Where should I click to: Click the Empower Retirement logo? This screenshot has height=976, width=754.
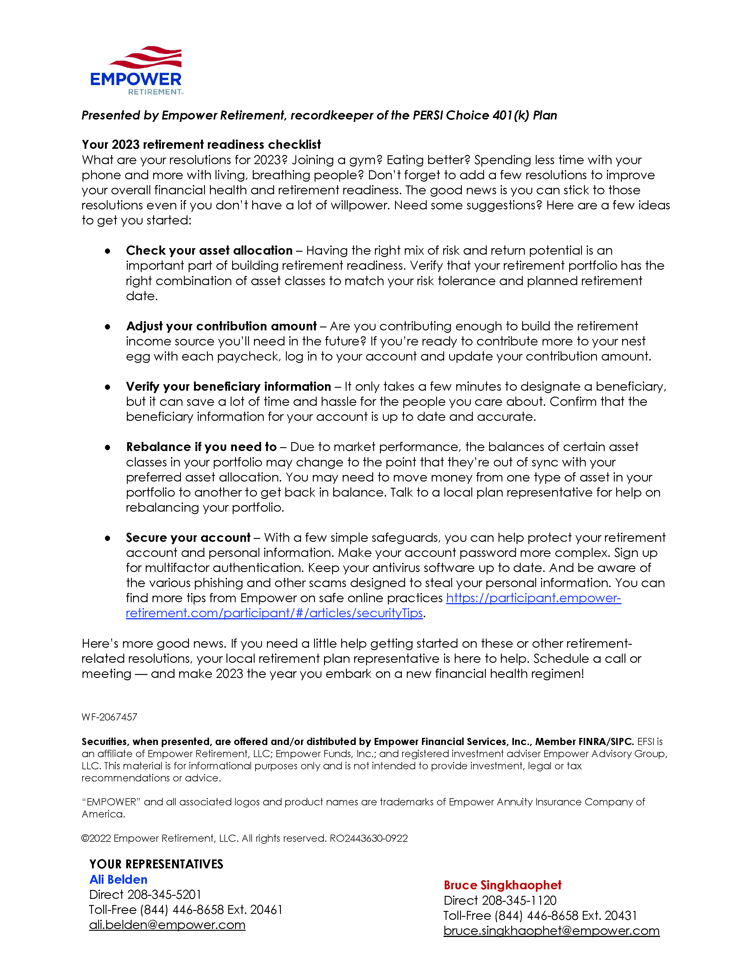pos(136,71)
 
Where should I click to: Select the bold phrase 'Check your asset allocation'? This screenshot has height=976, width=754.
pos(209,250)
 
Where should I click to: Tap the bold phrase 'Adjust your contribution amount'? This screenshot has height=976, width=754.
pos(221,326)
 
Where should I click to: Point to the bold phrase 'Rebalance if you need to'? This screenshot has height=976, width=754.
pos(201,447)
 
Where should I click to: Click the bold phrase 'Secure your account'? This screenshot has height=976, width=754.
pos(188,538)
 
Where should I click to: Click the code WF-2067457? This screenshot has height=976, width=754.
pos(109,717)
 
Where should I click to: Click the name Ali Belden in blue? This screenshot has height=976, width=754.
pos(118,880)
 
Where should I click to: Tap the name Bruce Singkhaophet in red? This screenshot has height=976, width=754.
pos(502,885)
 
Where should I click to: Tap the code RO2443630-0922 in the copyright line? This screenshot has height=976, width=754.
pos(368,838)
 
